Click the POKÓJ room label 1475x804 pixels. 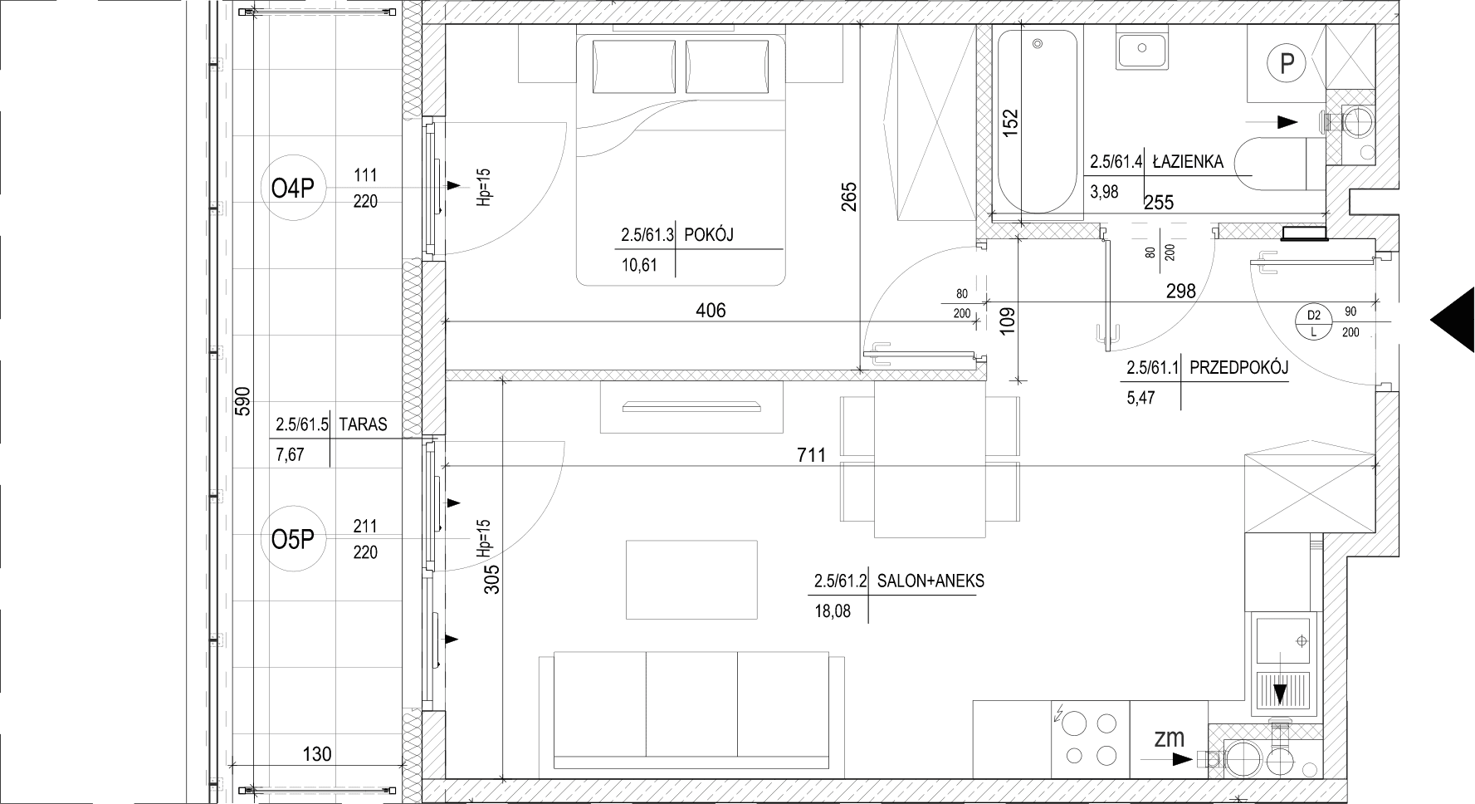click(708, 236)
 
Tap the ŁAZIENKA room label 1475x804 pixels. click(1187, 163)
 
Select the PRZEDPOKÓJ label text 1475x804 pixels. click(1238, 368)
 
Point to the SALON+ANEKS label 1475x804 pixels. click(930, 581)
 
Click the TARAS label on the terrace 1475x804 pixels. click(363, 424)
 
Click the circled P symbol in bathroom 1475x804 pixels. click(1287, 62)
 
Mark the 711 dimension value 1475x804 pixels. click(812, 454)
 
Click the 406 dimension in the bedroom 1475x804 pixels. click(711, 311)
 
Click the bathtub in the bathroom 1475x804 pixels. click(1038, 121)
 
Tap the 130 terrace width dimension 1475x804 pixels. click(317, 754)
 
